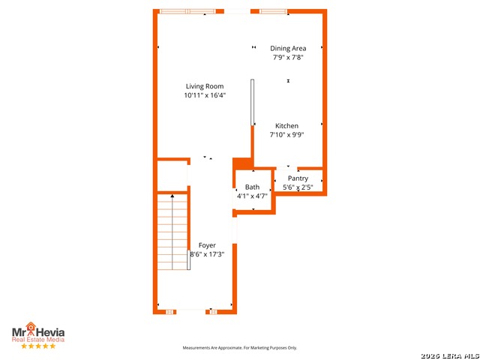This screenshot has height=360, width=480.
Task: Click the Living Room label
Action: [205, 86]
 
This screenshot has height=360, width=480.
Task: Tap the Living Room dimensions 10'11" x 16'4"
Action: [205, 95]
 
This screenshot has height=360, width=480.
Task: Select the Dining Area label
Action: [288, 48]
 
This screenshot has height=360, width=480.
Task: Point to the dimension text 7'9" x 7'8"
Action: [288, 57]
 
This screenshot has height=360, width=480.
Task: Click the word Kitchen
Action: [286, 126]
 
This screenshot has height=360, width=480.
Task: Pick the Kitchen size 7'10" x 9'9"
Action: [286, 135]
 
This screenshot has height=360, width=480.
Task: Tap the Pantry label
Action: [298, 178]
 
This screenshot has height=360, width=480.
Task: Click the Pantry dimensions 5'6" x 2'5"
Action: [298, 187]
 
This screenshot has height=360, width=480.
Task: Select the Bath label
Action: [252, 187]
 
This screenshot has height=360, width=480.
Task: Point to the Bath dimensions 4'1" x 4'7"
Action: [252, 196]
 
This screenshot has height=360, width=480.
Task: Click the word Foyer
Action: [207, 245]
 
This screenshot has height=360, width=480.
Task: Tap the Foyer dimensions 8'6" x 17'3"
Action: [207, 254]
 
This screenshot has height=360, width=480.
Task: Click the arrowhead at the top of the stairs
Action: [172, 196]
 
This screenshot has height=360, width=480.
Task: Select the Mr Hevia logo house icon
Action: [30, 326]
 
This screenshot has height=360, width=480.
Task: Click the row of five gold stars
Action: [38, 346]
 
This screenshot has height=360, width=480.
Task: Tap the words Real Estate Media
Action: [38, 340]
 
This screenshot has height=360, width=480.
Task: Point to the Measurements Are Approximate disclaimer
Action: [240, 348]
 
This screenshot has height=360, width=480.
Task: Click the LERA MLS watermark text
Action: [450, 356]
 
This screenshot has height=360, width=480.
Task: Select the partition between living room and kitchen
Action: [252, 102]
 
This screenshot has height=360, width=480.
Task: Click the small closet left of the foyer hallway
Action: [172, 175]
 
